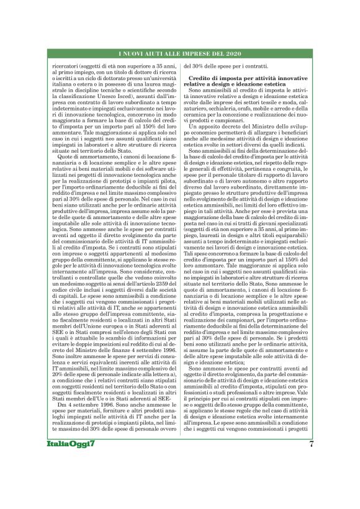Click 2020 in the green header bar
tap(239, 55)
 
